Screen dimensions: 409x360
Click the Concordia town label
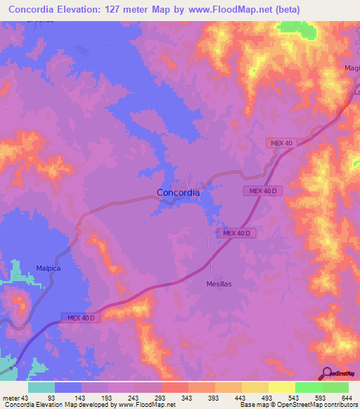[177, 192]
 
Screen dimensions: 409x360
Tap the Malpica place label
[49, 268]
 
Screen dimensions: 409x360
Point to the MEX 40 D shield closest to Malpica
[82, 318]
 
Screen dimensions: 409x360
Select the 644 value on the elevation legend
[345, 398]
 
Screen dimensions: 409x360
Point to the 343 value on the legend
[186, 398]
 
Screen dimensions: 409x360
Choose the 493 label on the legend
[266, 398]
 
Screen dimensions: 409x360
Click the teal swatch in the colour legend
[41, 387]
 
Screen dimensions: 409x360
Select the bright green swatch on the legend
[308, 387]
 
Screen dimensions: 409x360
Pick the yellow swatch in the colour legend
[281, 387]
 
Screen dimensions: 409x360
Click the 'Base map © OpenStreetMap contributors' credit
[297, 405]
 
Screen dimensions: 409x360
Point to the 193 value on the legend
[106, 398]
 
